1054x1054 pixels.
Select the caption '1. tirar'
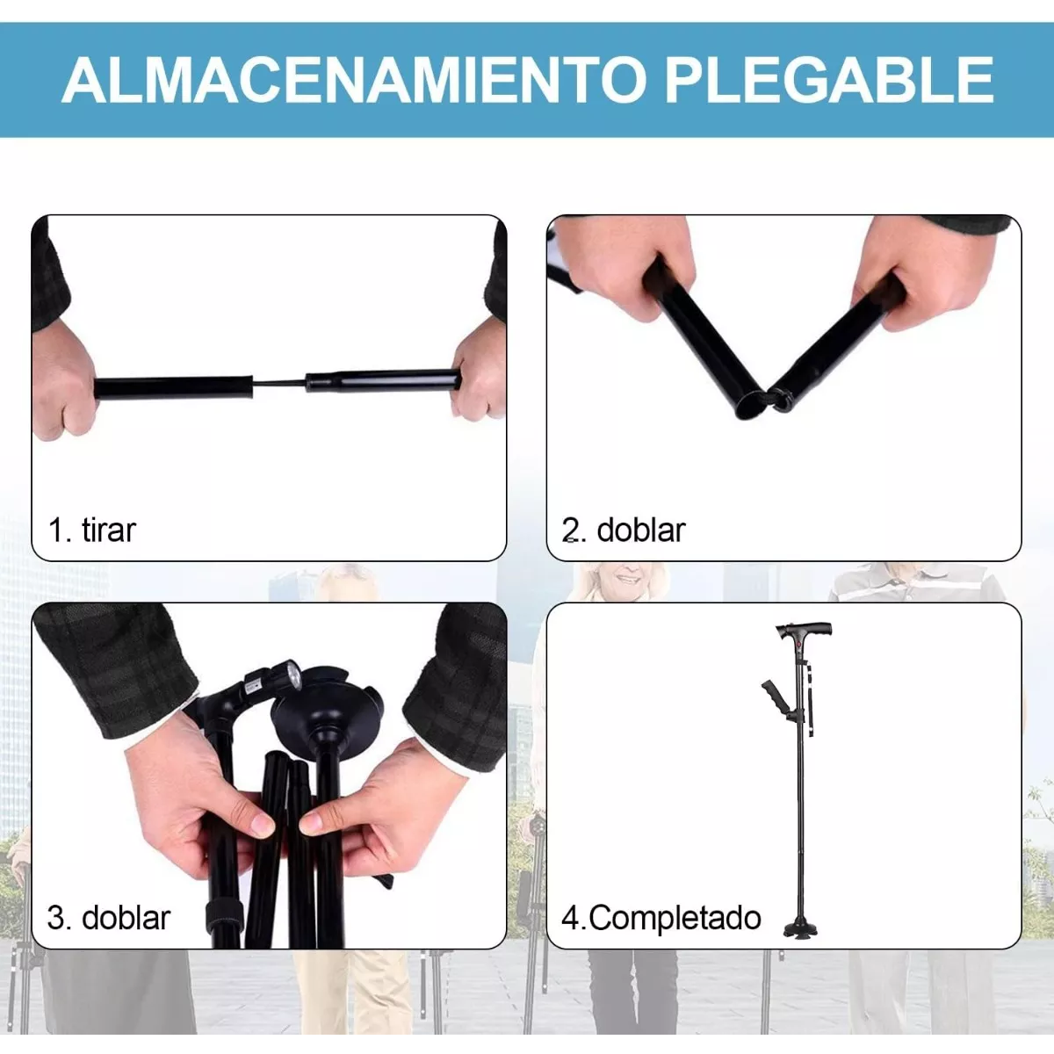[x=92, y=531]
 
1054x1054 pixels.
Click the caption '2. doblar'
[x=624, y=531]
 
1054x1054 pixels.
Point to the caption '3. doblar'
[x=109, y=918]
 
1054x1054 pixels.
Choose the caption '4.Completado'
[x=661, y=918]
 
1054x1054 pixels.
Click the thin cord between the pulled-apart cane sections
[x=279, y=385]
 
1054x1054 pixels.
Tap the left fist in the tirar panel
[x=66, y=386]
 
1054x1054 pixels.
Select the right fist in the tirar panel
[x=479, y=378]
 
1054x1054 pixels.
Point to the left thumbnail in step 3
[x=262, y=824]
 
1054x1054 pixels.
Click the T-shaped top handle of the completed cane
[x=804, y=631]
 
